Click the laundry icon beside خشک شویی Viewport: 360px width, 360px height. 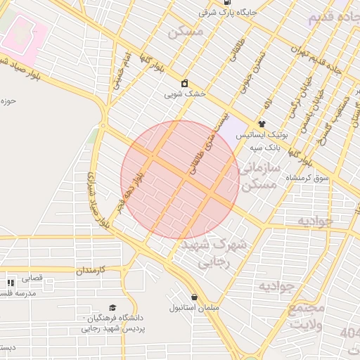(x=184, y=83)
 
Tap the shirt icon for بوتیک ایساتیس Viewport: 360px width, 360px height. (x=262, y=123)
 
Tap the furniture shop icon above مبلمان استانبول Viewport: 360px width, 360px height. (x=195, y=297)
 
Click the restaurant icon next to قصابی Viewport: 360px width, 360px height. (x=11, y=282)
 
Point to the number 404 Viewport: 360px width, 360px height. (x=349, y=332)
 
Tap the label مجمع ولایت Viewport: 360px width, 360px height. (x=307, y=316)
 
